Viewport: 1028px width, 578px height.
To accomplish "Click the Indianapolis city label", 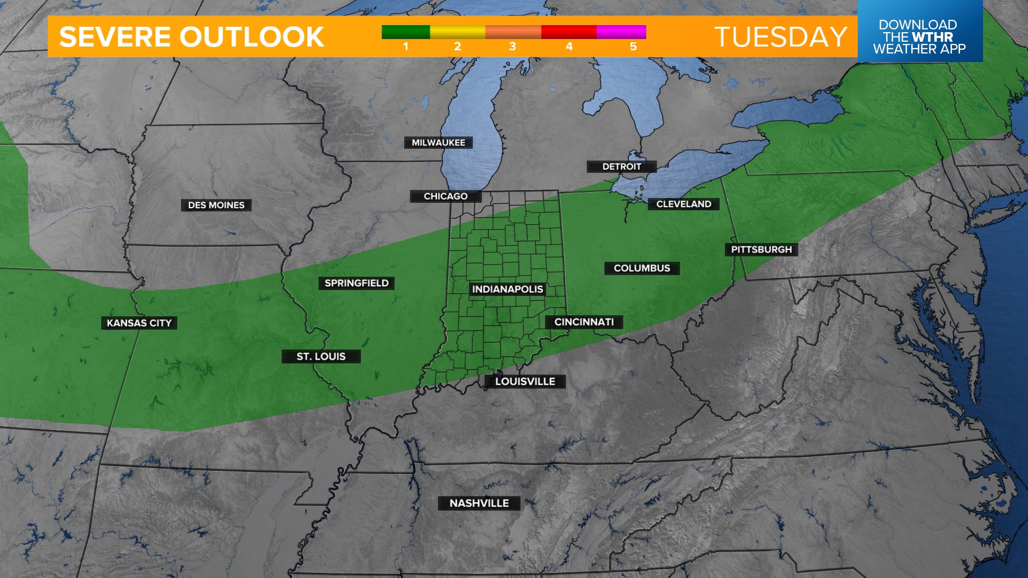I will [x=507, y=290].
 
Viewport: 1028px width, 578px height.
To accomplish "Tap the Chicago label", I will [x=445, y=196].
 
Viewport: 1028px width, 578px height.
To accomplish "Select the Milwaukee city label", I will [x=438, y=143].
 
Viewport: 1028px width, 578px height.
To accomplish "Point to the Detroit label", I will [x=621, y=166].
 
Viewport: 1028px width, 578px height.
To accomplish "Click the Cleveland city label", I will [x=683, y=204].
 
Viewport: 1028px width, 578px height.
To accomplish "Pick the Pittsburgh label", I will [x=761, y=249].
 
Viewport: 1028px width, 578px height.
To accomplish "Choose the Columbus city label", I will [x=641, y=268].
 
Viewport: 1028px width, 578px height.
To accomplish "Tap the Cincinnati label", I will [x=584, y=322].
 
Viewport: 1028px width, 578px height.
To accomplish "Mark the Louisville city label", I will [x=525, y=382].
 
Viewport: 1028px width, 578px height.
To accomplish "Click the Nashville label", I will [x=479, y=503].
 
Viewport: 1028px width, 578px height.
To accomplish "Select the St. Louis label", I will [x=321, y=356].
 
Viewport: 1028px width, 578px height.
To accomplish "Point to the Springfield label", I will [x=356, y=283].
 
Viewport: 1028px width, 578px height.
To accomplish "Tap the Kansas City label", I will [x=139, y=323].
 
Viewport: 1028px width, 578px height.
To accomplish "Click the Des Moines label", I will [x=216, y=205].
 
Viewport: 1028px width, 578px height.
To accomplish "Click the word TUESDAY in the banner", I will [x=780, y=37].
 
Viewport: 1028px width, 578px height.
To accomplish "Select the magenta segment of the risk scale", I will [x=621, y=32].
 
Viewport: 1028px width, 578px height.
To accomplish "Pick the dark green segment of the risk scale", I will [x=405, y=32].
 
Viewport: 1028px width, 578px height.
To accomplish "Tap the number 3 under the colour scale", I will [x=512, y=47].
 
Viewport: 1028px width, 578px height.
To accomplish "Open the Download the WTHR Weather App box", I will [x=919, y=36].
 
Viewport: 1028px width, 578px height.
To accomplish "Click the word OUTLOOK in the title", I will [x=251, y=37].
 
